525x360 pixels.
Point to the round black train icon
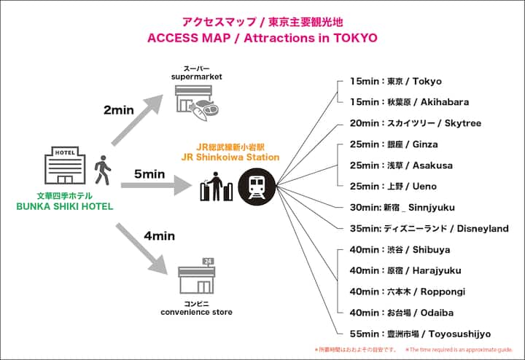pyautogui.click(x=257, y=186)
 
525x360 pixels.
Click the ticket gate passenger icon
pyautogui.click(x=217, y=187)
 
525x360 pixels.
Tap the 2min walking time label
pyautogui.click(x=120, y=111)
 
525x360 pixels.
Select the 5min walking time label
pyautogui.click(x=150, y=173)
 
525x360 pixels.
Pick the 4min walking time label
pyautogui.click(x=159, y=235)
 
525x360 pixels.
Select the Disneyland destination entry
pyautogui.click(x=429, y=228)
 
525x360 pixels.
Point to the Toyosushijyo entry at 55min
pyautogui.click(x=420, y=333)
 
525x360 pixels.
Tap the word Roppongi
pyautogui.click(x=444, y=291)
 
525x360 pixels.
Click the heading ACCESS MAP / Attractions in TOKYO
pyautogui.click(x=262, y=38)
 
